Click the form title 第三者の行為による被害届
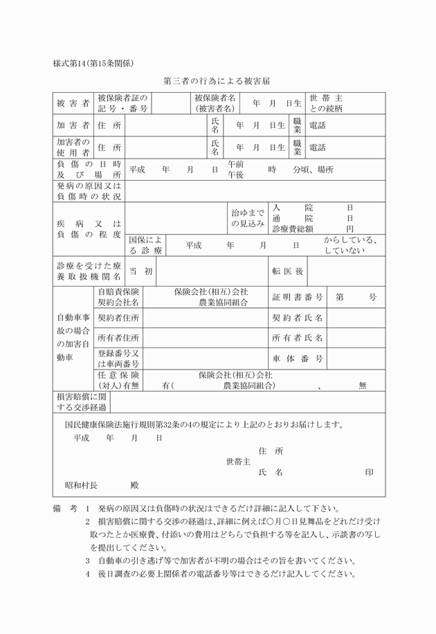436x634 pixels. tap(219, 81)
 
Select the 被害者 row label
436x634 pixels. tap(73, 103)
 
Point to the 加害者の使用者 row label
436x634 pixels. tap(73, 147)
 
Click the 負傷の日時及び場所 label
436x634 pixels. tap(89, 170)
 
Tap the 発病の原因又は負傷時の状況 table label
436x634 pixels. tap(89, 192)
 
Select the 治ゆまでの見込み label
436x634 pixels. tap(248, 218)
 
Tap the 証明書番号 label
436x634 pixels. tap(298, 297)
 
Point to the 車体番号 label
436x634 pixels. tap(298, 359)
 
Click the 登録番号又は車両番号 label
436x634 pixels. tap(118, 359)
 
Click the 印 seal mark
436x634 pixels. tap(369, 473)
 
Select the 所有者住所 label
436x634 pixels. tap(118, 338)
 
